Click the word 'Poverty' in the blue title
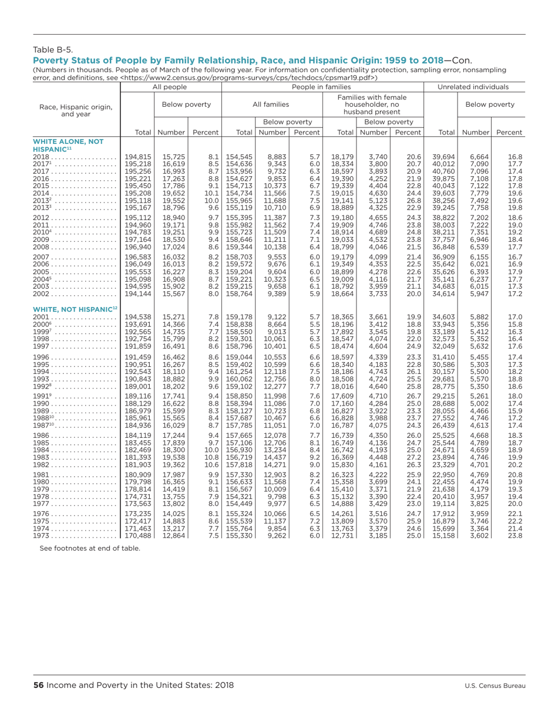point(51,60)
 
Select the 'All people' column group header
point(170,87)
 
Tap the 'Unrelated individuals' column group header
point(481,87)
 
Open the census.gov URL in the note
point(249,77)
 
